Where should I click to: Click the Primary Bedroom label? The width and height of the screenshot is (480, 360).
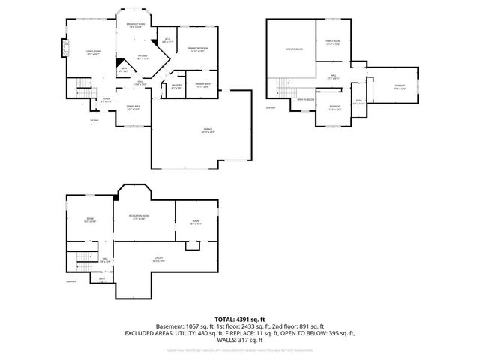click(x=197, y=50)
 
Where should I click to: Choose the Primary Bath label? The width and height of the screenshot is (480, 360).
click(x=203, y=85)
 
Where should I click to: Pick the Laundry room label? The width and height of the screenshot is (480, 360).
click(x=176, y=86)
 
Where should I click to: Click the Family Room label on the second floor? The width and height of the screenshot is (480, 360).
click(x=333, y=43)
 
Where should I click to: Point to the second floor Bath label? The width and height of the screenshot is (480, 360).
click(x=359, y=101)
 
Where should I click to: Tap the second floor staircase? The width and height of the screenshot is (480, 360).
click(x=283, y=88)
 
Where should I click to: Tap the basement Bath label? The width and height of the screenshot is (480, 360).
click(x=101, y=279)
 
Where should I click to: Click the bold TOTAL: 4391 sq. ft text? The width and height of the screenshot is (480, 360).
click(x=239, y=319)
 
